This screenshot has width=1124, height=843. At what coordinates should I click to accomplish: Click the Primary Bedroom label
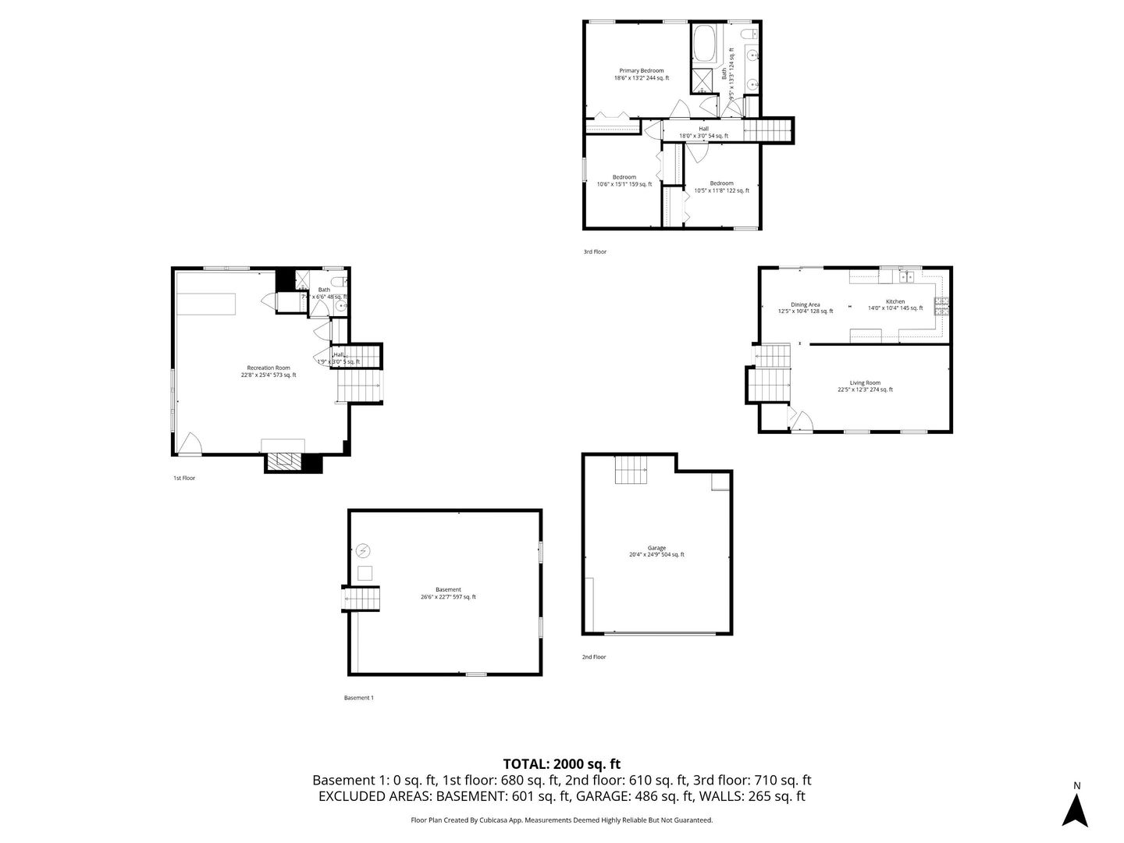coord(642,74)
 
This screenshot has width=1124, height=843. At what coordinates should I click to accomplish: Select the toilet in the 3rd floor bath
coord(747,33)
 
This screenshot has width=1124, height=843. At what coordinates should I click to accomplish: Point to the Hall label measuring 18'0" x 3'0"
coord(703,132)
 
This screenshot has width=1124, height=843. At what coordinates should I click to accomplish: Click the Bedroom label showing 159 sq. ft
coord(624,180)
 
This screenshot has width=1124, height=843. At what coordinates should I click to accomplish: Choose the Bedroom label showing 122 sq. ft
coord(721,187)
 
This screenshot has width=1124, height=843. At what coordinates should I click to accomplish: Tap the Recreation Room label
coord(268,371)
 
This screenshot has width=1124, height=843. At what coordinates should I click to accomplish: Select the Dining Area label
coord(805,308)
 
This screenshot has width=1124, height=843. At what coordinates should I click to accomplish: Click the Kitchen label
coord(895,304)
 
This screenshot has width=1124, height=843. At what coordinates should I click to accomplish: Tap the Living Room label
coord(865,386)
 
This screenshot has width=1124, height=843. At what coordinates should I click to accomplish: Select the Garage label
coord(656,551)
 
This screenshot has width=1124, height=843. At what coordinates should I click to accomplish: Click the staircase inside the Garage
coord(631,470)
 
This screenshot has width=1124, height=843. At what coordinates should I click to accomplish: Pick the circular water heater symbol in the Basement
coord(363,551)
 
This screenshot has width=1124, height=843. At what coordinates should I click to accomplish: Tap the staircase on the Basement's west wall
coord(361,599)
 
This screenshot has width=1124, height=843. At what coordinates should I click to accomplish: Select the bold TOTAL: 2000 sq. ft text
coord(561,763)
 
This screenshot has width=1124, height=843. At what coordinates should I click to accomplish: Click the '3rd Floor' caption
coord(594,252)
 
